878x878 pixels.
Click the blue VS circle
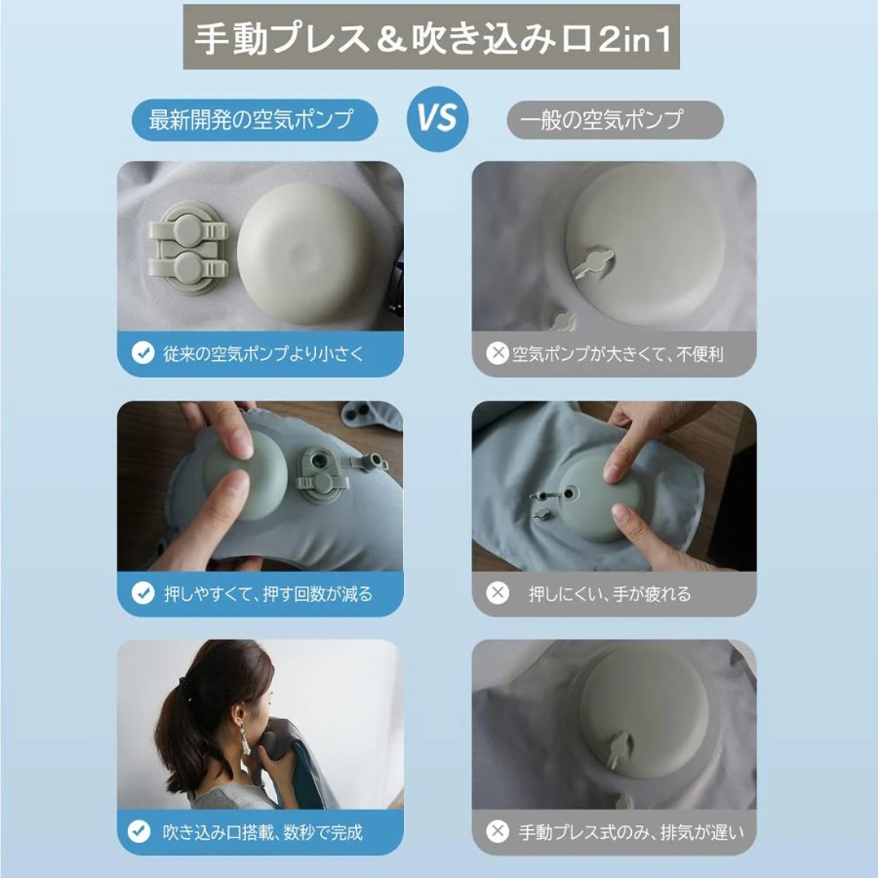437,119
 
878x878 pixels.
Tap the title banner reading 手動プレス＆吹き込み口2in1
431,37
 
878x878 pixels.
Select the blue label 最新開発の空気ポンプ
255,120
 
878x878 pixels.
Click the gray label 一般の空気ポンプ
615,120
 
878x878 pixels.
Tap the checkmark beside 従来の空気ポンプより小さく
142,353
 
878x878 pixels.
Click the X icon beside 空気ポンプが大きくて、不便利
497,353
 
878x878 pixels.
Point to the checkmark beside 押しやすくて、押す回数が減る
142,593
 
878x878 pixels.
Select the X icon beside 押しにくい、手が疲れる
497,592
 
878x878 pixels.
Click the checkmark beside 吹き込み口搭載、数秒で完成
139,831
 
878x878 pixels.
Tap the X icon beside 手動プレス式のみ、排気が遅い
497,831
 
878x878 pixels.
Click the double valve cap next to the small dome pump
187,249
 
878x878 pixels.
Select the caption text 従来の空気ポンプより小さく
263,354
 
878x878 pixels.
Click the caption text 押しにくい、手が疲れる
610,593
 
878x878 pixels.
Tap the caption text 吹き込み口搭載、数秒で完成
262,833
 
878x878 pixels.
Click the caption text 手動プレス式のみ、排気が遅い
631,833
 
